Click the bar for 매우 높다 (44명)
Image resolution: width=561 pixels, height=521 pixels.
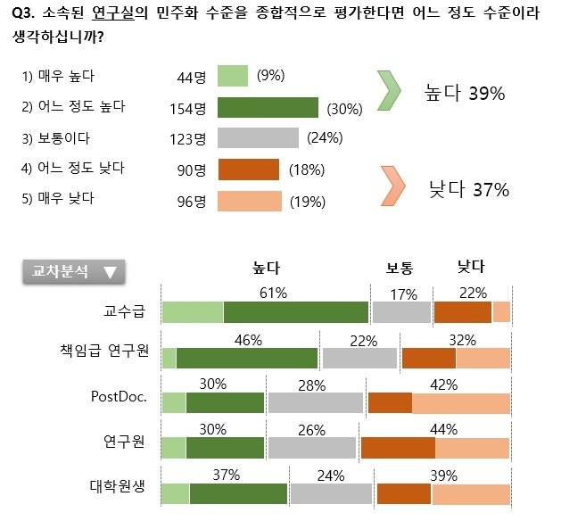[x=232, y=76]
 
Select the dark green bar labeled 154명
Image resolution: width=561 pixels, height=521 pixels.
[x=268, y=108]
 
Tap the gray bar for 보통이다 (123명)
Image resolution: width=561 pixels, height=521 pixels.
[x=258, y=138]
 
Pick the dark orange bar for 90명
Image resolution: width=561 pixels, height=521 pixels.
[x=249, y=170]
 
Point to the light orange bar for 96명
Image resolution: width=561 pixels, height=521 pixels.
[x=250, y=200]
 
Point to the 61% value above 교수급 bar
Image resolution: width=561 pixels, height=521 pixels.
[x=272, y=293]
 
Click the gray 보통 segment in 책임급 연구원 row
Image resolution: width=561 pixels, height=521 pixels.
[x=359, y=358]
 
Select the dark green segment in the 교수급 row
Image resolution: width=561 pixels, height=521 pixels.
[x=296, y=311]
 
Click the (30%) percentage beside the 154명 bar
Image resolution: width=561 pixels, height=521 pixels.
[x=343, y=109]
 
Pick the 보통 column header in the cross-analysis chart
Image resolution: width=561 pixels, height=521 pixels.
[x=399, y=267]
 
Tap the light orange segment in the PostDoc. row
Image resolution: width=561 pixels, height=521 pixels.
[x=461, y=402]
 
